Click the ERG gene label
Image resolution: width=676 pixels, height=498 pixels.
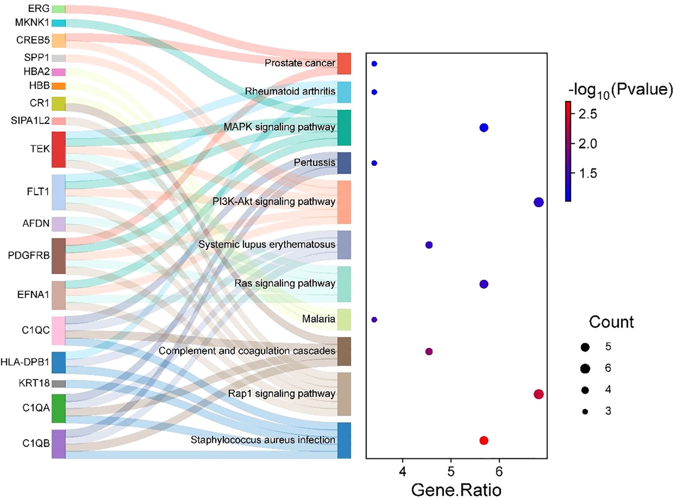[x=38, y=8]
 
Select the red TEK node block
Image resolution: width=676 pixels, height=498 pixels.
[x=59, y=149]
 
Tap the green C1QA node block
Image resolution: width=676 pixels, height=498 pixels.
[x=59, y=408]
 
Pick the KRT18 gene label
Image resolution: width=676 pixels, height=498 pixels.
[x=34, y=383]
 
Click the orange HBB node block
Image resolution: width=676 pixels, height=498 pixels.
[x=59, y=86]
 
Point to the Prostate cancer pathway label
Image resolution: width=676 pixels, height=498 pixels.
[x=300, y=63]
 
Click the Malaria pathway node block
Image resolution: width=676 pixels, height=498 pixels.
[x=344, y=319]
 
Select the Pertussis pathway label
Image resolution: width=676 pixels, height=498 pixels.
[x=314, y=162]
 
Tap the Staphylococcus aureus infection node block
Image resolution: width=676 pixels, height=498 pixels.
[x=344, y=440]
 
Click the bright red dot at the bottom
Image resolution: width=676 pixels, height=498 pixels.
[x=484, y=440]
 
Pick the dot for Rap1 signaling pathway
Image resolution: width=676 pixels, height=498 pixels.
[x=539, y=394]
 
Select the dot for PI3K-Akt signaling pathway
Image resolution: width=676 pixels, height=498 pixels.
[x=539, y=202]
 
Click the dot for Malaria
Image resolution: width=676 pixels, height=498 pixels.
[x=374, y=320]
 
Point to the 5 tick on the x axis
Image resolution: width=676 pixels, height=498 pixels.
[x=451, y=471]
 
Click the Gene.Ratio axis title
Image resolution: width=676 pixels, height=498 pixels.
[x=456, y=490]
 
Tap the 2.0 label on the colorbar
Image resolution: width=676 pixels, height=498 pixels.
[x=587, y=143]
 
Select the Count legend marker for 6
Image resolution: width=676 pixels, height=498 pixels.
[x=585, y=369]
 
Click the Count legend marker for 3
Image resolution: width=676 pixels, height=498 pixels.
[x=585, y=412]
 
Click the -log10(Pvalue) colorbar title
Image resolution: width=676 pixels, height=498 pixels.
[x=620, y=90]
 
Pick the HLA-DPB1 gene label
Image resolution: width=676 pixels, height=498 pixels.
[x=25, y=362]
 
